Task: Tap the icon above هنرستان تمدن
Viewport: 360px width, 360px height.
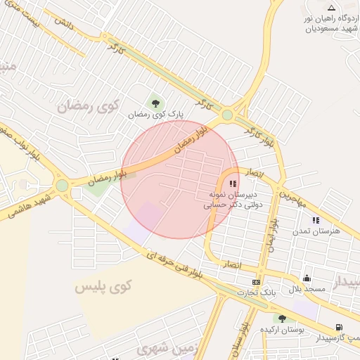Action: click(315, 220)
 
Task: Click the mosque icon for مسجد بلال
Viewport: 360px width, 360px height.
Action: click(307, 278)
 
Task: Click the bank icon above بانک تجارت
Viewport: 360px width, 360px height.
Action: click(255, 282)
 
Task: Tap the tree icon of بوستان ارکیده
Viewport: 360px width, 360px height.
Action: click(282, 319)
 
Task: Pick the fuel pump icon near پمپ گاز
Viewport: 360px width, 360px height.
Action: click(339, 327)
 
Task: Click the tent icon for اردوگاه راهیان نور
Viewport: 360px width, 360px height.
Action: click(331, 8)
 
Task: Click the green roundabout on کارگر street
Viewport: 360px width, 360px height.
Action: click(227, 115)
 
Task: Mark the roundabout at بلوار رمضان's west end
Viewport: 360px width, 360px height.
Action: click(62, 186)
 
